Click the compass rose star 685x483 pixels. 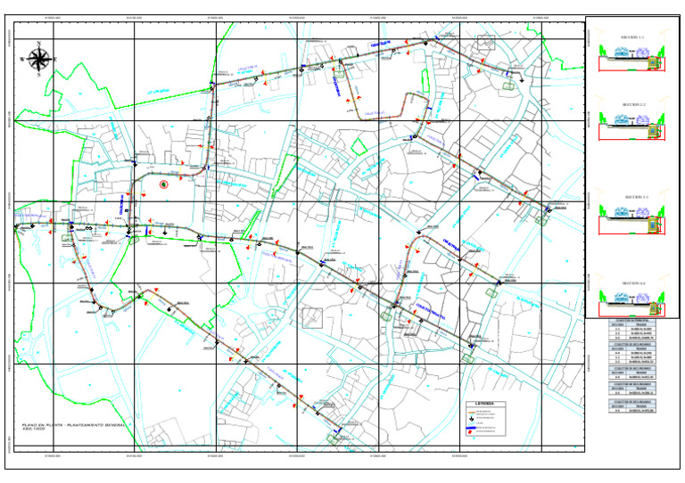pos(38,60)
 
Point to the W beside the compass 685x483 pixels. pos(22,60)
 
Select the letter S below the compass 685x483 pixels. pos(38,76)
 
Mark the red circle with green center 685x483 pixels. pos(164,184)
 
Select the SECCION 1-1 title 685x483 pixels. pos(632,37)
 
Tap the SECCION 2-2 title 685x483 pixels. pos(632,104)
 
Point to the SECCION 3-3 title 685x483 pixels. pos(632,194)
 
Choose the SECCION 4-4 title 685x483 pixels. pos(632,282)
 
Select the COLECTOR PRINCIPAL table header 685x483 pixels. pos(632,320)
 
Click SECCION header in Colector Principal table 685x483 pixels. pos(616,324)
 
